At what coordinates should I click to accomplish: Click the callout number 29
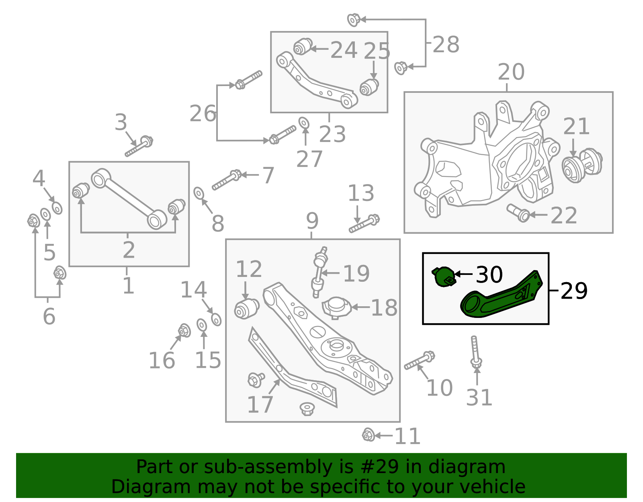[573, 291]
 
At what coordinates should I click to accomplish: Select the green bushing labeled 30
[444, 276]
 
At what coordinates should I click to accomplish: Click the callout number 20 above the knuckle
[511, 72]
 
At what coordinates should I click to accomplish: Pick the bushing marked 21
[582, 166]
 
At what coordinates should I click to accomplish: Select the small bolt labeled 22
[518, 213]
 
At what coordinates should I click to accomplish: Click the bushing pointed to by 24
[303, 47]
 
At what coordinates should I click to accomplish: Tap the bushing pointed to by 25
[369, 87]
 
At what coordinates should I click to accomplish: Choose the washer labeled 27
[304, 123]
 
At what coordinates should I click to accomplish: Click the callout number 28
[446, 44]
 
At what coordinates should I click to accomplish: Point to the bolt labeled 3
[139, 146]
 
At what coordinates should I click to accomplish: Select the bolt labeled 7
[227, 180]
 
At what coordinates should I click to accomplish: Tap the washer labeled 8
[199, 193]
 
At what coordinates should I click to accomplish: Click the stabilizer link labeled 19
[319, 272]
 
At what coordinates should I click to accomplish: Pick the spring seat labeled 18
[337, 308]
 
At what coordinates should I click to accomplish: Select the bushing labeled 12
[246, 309]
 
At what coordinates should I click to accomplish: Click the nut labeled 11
[368, 435]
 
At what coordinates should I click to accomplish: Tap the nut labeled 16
[184, 330]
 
